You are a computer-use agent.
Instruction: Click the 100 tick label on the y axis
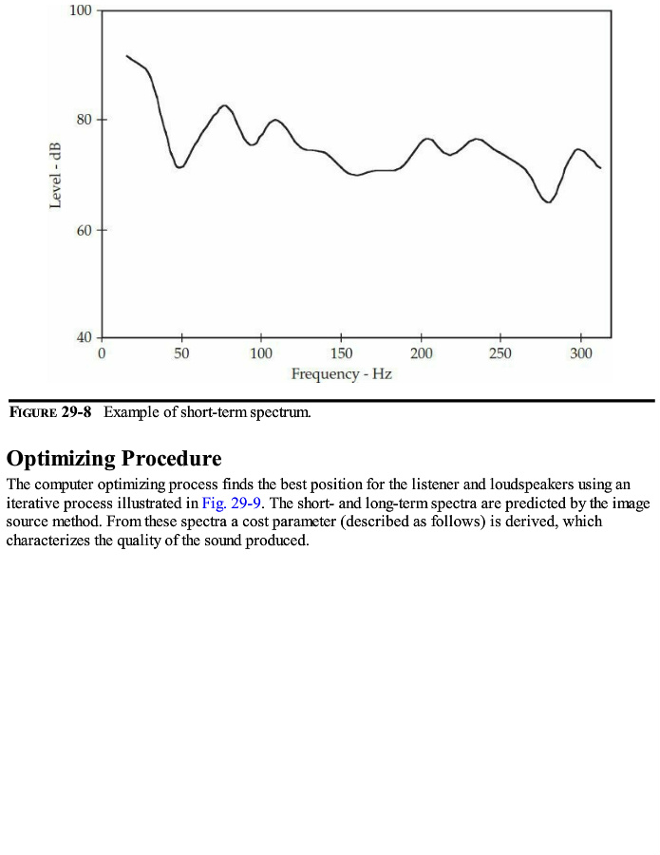click(x=80, y=11)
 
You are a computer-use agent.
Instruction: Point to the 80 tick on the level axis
click(x=83, y=120)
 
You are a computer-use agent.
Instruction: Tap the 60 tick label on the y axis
click(x=83, y=230)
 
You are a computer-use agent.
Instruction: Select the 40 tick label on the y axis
click(x=83, y=337)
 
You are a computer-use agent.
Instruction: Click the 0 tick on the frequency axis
click(x=102, y=353)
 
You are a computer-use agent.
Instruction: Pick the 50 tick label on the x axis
click(x=181, y=353)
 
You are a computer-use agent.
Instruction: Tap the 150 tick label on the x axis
click(x=341, y=353)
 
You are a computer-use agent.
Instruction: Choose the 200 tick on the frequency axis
click(x=422, y=353)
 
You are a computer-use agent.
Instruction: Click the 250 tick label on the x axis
click(x=500, y=353)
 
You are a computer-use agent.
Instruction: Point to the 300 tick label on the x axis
click(x=580, y=353)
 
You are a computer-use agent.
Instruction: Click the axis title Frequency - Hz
click(x=341, y=374)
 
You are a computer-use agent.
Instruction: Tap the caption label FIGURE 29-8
click(x=50, y=413)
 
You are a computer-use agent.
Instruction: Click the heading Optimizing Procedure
click(x=114, y=459)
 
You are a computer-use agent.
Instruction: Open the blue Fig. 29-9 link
click(x=232, y=503)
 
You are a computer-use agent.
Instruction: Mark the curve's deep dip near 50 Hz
click(x=179, y=167)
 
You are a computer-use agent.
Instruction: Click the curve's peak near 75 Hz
click(x=224, y=105)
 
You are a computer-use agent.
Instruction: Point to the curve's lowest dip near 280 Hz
click(x=548, y=201)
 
